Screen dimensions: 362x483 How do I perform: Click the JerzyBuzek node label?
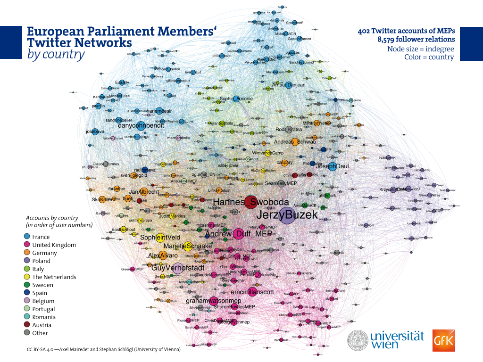[287, 215]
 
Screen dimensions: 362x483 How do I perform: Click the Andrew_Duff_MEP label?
[239, 234]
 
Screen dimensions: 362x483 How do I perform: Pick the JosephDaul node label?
[332, 166]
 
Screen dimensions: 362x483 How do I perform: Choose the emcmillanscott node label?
[252, 292]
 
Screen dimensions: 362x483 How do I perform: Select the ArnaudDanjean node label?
[289, 85]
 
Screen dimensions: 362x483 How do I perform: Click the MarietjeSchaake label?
[188, 246]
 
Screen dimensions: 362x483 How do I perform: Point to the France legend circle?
[27, 237]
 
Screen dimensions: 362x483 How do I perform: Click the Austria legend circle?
[27, 325]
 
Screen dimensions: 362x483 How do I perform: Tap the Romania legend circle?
[27, 317]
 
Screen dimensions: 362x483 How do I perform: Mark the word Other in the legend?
[40, 333]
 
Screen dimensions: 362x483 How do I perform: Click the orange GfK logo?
[443, 340]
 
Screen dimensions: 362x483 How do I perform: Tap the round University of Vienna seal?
[358, 340]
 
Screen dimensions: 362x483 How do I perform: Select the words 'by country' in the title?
[56, 54]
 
